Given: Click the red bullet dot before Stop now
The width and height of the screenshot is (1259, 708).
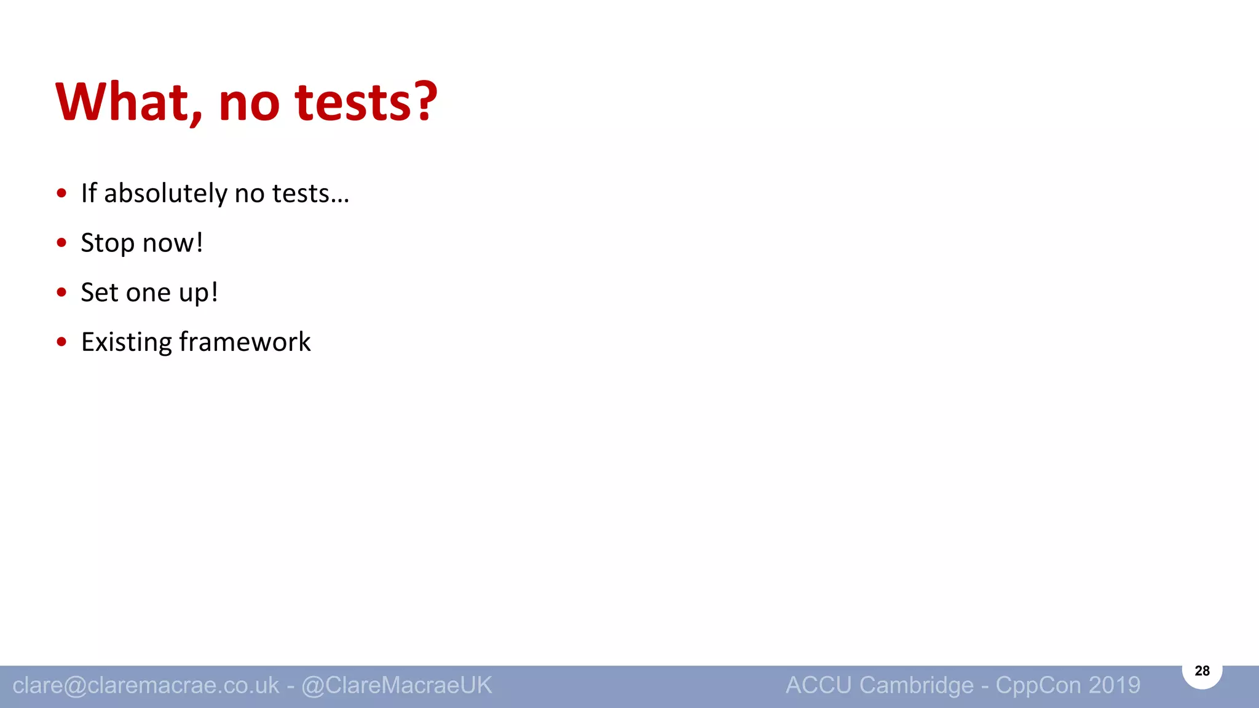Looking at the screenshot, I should click(61, 243).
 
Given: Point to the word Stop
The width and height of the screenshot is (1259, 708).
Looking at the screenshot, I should click(108, 243).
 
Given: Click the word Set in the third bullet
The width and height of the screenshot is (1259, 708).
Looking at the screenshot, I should click(100, 293).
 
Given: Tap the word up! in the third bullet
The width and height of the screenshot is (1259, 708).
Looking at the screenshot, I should click(198, 293).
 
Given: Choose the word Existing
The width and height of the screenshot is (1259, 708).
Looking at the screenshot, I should click(126, 342).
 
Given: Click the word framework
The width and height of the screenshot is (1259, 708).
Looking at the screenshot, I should click(245, 342).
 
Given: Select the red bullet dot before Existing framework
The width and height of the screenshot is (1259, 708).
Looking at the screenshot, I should click(61, 342).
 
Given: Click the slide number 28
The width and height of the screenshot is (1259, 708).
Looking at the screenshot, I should click(1202, 671).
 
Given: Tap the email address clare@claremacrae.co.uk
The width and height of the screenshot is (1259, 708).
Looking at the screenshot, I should click(146, 685).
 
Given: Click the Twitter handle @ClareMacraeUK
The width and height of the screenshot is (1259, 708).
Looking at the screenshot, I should click(397, 685).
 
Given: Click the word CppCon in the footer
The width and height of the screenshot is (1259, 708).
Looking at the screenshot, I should click(1038, 685).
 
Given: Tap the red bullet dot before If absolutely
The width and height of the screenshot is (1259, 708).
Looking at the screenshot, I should click(61, 194).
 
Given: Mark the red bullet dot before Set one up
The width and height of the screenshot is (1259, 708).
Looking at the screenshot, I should click(61, 293).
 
